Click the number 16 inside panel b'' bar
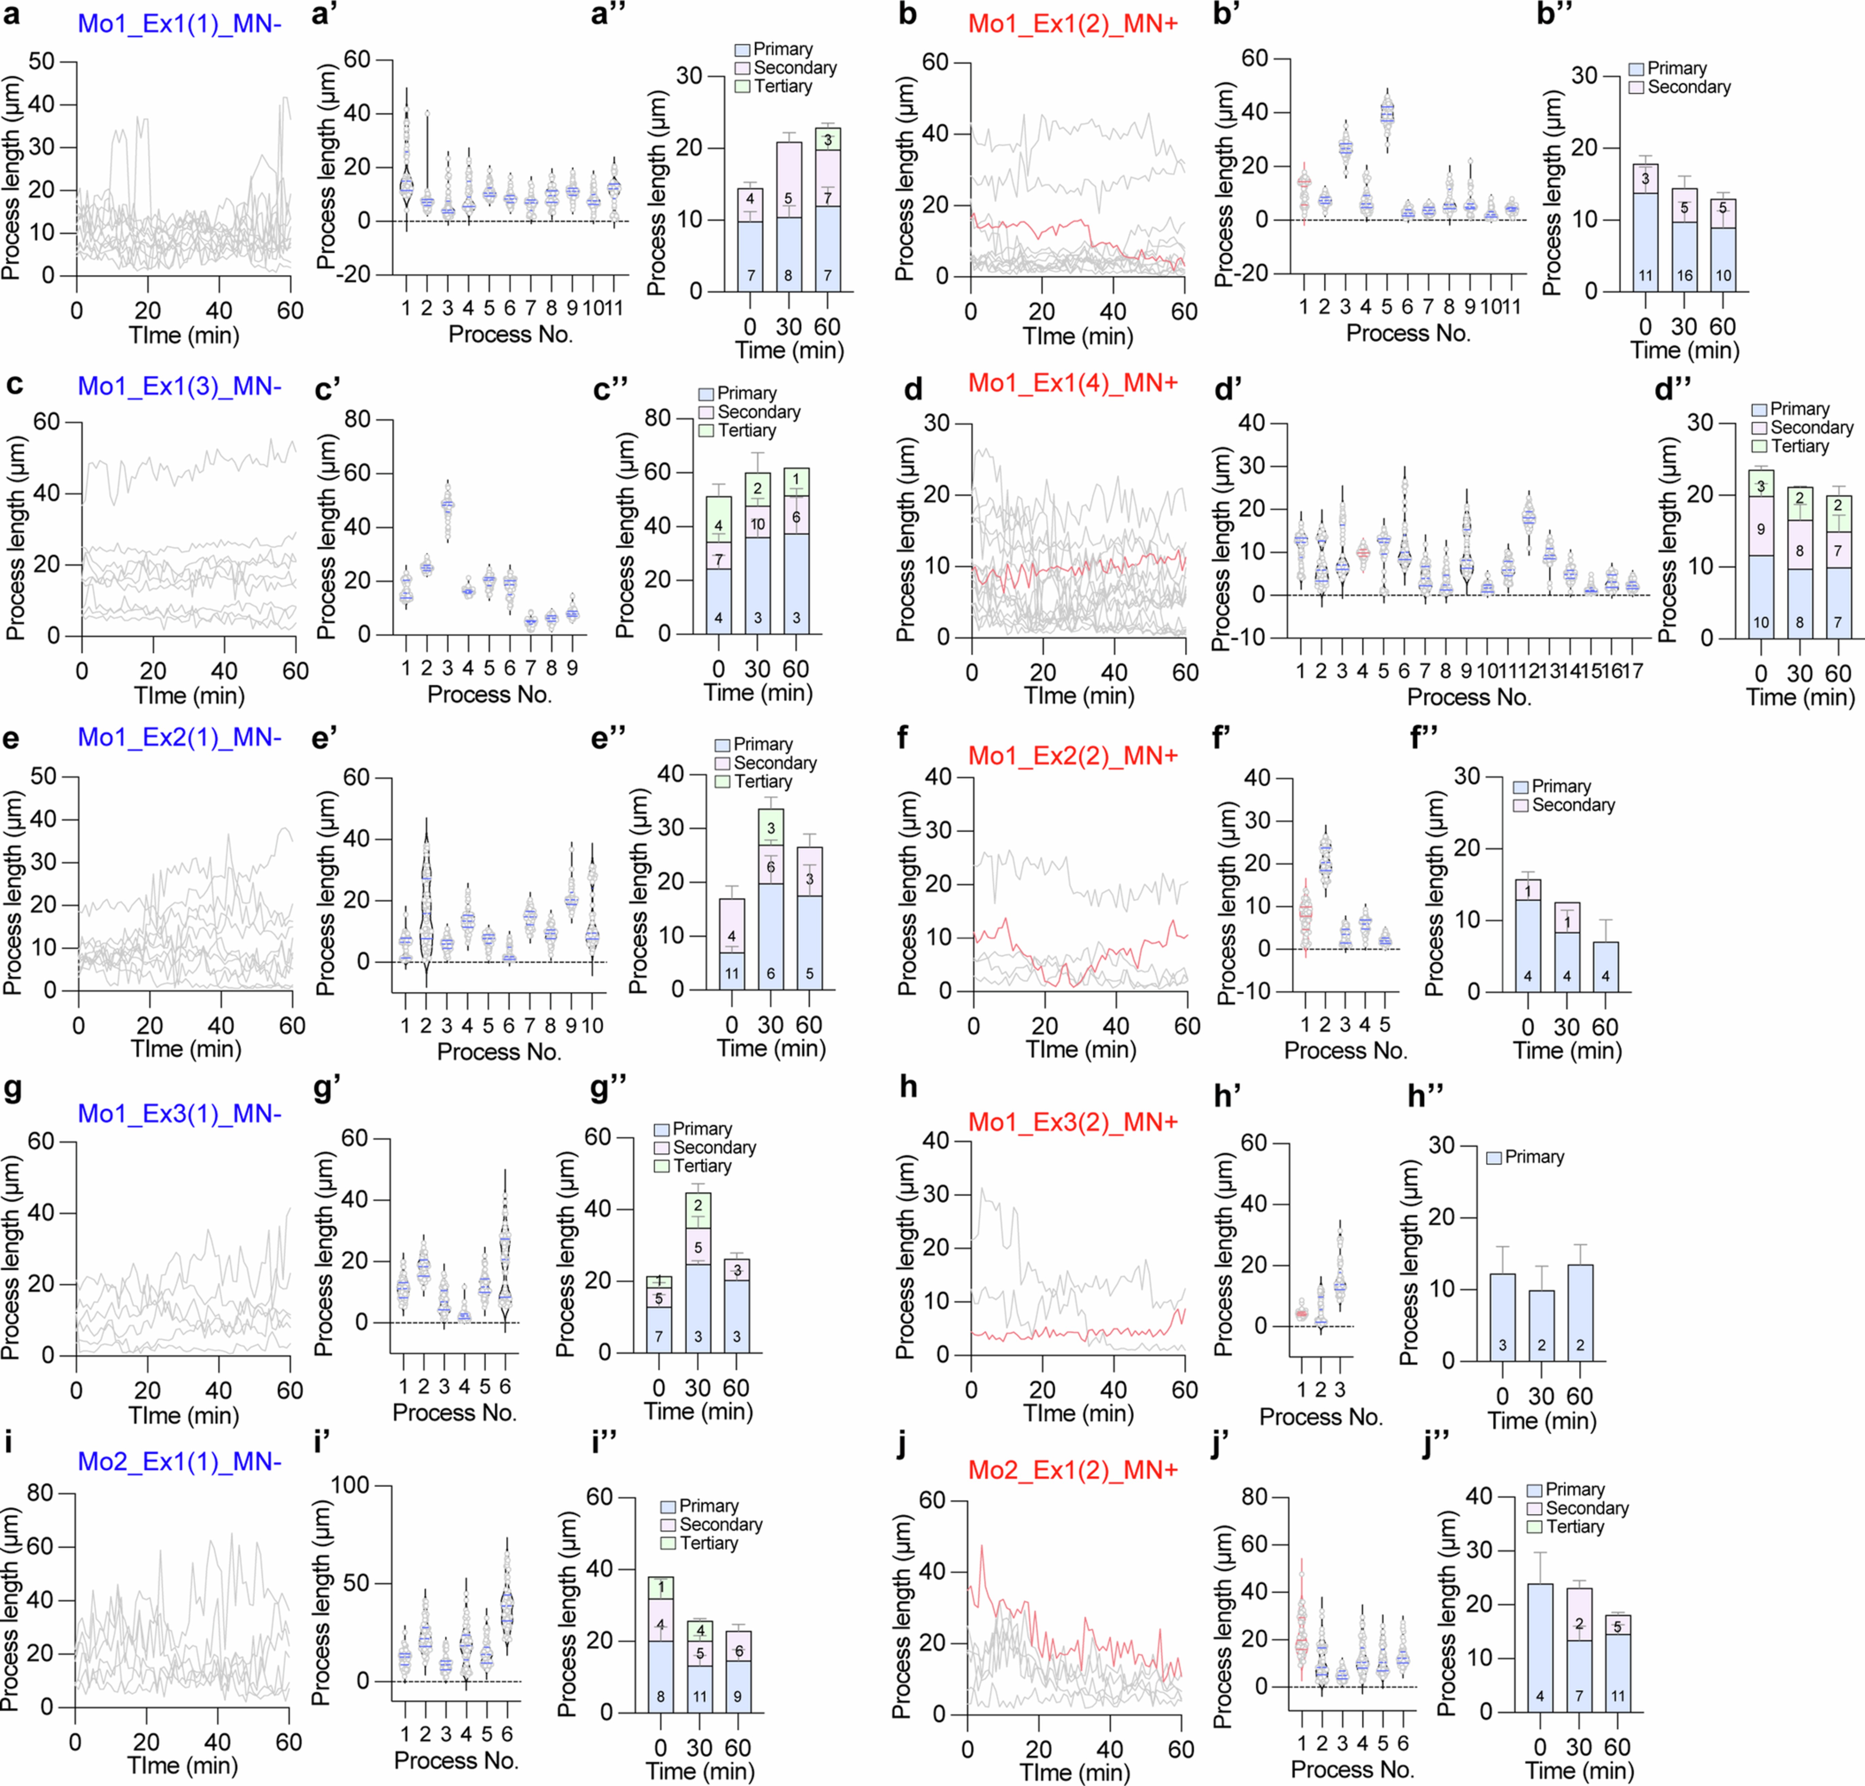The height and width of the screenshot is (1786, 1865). (x=1684, y=276)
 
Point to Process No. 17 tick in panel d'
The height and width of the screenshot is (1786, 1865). (x=1633, y=671)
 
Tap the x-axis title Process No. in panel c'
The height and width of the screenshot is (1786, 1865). (x=489, y=695)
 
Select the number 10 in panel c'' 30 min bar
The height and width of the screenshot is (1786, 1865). (x=757, y=523)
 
